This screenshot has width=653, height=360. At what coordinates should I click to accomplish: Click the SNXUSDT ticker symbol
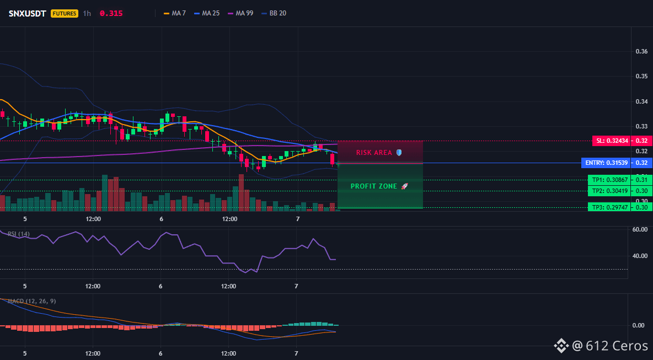click(x=28, y=13)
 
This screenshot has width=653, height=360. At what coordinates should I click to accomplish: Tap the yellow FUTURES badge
click(x=64, y=13)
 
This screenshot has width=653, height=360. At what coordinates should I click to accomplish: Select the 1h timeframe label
click(x=87, y=13)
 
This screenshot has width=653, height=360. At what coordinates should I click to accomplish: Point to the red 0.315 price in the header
click(x=111, y=13)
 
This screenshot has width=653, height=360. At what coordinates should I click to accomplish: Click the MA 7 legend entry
click(x=175, y=13)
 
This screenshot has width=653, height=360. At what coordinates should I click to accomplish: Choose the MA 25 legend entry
click(x=207, y=13)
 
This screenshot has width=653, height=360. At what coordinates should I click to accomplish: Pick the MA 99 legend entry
click(x=240, y=13)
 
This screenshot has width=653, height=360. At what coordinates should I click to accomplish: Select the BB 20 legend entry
click(x=274, y=13)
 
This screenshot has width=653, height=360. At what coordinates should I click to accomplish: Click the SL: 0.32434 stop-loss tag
click(x=611, y=141)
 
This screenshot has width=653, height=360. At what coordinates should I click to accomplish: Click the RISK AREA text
click(x=374, y=153)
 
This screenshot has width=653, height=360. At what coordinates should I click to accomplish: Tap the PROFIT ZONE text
click(x=374, y=186)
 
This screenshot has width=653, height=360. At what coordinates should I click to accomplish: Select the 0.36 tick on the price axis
click(x=641, y=52)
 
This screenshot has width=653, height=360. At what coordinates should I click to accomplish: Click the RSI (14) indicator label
click(x=19, y=234)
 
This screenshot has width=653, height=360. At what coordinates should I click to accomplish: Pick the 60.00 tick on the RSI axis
click(x=640, y=229)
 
